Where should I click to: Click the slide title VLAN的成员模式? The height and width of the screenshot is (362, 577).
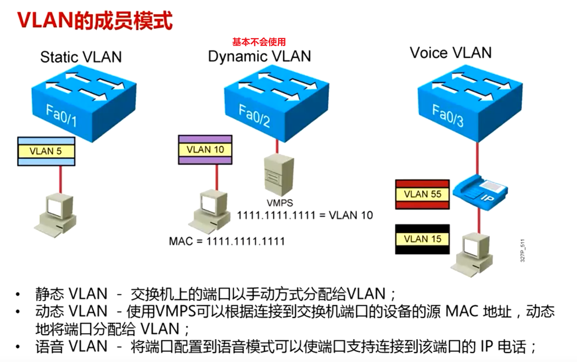click(x=95, y=21)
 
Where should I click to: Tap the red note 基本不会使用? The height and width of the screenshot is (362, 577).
click(x=259, y=42)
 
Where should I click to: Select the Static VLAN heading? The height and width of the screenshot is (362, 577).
click(x=81, y=57)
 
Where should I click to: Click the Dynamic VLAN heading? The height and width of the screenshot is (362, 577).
click(x=260, y=56)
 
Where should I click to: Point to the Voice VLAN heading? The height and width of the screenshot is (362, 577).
click(x=450, y=53)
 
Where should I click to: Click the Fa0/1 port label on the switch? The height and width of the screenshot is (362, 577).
click(x=61, y=115)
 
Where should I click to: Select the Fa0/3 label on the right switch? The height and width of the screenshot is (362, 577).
click(x=448, y=115)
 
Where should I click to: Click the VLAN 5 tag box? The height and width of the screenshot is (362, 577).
click(x=46, y=151)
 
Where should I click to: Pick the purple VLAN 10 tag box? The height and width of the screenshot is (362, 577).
click(x=205, y=150)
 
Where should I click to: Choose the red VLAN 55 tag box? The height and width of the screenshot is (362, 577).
click(x=422, y=194)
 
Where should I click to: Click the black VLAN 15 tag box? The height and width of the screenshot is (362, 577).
click(x=422, y=239)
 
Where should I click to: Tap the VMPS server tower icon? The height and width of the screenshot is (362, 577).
click(x=278, y=175)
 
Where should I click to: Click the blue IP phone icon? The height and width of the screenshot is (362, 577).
click(x=480, y=191)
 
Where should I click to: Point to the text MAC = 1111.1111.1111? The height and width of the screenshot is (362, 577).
click(x=227, y=241)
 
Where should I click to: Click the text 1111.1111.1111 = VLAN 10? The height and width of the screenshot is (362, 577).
click(x=305, y=215)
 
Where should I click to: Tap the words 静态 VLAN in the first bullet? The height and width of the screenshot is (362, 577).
click(x=71, y=294)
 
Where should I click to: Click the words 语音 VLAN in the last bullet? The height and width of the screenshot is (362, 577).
click(x=71, y=346)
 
